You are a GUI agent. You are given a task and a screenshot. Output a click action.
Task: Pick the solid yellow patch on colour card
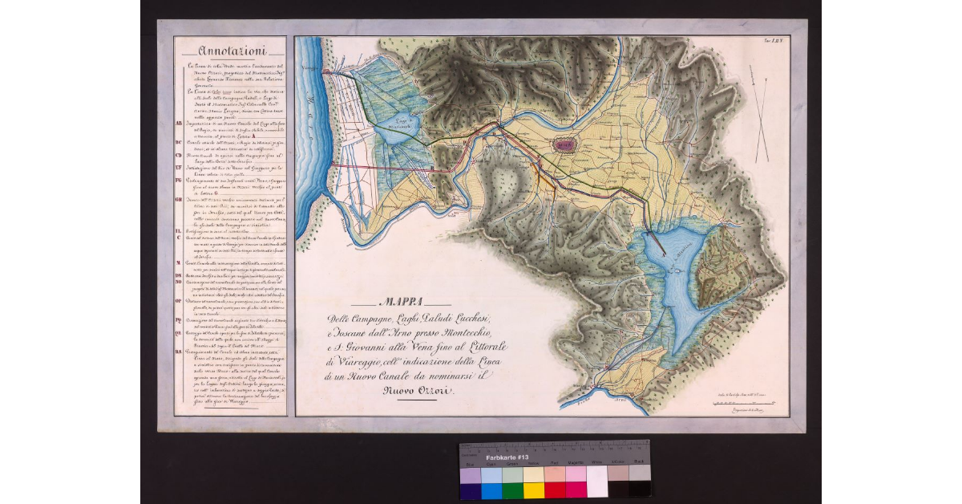[x=533, y=490]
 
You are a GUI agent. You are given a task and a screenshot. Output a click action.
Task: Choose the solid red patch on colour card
[x=555, y=490]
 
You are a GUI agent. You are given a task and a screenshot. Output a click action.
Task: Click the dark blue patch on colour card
[x=470, y=490]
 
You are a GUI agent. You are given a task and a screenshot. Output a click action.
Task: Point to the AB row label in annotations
[x=179, y=124]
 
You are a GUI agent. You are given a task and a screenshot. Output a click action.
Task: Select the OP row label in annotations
[x=179, y=301]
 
